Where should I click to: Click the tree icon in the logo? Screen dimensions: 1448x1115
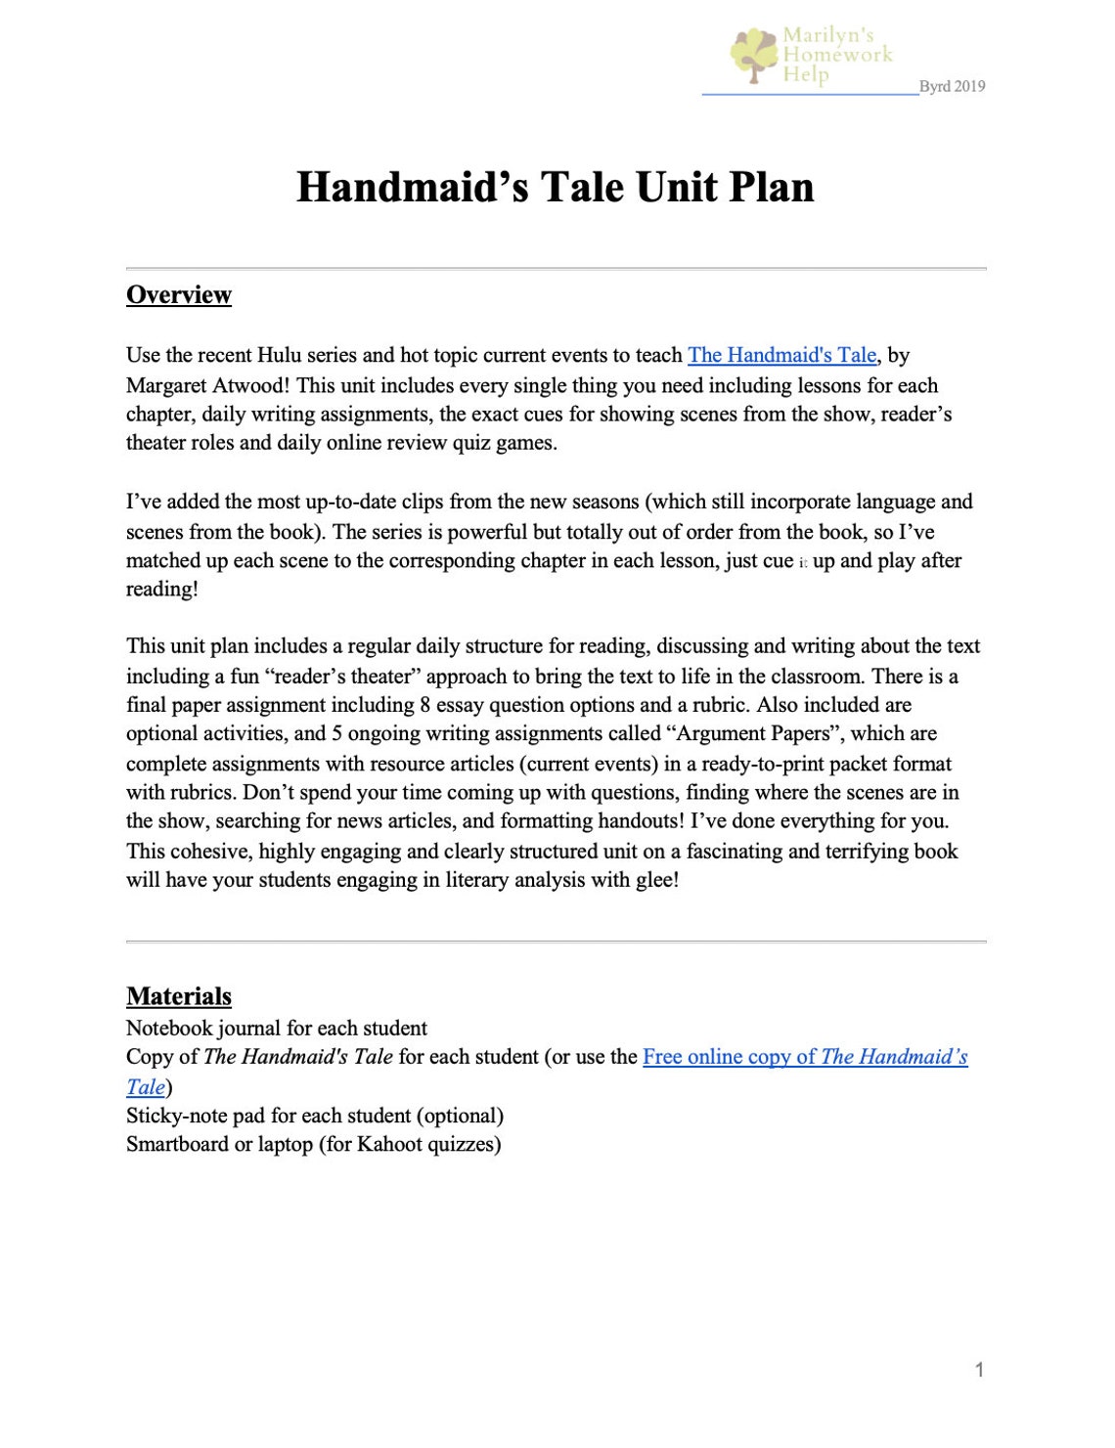click(754, 54)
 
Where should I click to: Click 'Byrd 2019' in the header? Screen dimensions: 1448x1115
click(952, 86)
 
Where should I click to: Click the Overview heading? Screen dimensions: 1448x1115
click(179, 294)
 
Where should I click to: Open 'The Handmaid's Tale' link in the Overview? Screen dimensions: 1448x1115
click(781, 355)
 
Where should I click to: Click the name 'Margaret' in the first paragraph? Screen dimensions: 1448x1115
click(166, 384)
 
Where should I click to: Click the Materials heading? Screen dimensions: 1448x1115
click(179, 995)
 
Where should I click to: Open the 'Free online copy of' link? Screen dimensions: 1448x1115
click(729, 1056)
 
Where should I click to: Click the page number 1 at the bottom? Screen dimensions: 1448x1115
click(979, 1369)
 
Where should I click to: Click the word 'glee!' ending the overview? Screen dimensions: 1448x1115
click(657, 879)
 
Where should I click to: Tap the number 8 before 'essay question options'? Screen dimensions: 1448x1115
click(424, 705)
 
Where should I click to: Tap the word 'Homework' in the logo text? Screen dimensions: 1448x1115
click(838, 55)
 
